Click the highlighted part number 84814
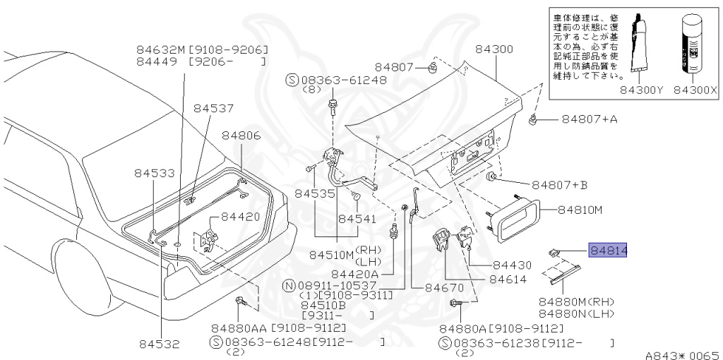609,250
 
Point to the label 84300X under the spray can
694,90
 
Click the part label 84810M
580,209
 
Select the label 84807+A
589,119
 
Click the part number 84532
159,344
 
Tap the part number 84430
512,265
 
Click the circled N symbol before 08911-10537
288,285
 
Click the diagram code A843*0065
681,355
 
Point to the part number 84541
357,219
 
